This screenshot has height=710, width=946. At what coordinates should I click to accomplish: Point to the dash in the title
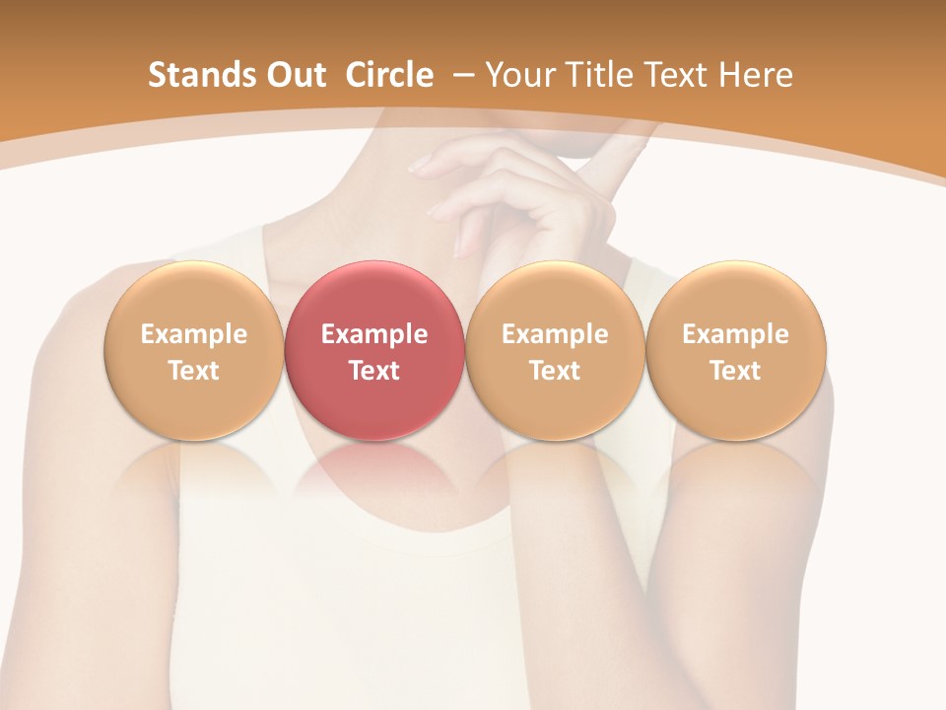coord(464,75)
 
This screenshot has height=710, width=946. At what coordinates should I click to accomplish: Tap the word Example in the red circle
coord(374,334)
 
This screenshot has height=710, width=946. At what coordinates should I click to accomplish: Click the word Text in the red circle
coord(374,371)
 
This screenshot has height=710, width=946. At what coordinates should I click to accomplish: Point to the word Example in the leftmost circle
coord(193,334)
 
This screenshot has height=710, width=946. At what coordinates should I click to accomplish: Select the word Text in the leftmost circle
coord(193,371)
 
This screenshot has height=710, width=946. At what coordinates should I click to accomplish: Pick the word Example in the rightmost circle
coord(736,334)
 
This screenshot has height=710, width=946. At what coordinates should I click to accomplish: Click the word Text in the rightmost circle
coord(736,371)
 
